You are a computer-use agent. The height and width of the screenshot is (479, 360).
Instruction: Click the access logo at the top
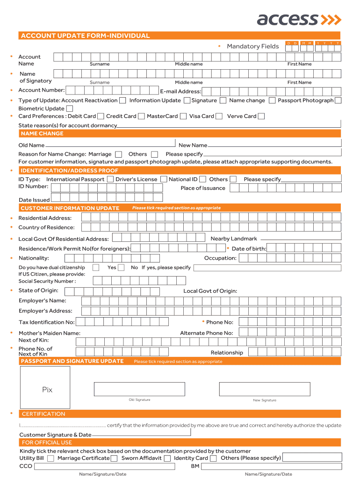pyautogui.click(x=299, y=19)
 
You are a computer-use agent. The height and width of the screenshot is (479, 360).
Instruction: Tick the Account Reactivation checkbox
pyautogui.click(x=122, y=101)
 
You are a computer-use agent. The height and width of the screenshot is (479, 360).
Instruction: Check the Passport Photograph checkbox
pyautogui.click(x=338, y=101)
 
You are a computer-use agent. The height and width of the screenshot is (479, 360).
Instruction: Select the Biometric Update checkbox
pyautogui.click(x=70, y=109)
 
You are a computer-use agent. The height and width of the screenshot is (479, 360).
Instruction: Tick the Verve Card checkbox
pyautogui.click(x=261, y=116)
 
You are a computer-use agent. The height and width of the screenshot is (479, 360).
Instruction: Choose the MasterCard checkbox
pyautogui.click(x=183, y=116)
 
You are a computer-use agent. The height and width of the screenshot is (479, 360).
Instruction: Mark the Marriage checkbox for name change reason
pyautogui.click(x=119, y=154)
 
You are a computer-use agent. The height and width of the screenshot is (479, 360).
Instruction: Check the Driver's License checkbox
pyautogui.click(x=164, y=179)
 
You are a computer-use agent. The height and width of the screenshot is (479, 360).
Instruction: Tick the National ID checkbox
pyautogui.click(x=202, y=179)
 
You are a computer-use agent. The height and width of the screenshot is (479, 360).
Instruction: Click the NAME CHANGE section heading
pyautogui.click(x=42, y=134)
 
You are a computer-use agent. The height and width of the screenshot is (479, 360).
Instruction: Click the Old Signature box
pyautogui.click(x=139, y=389)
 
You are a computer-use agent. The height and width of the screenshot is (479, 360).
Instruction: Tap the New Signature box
pyautogui.click(x=265, y=389)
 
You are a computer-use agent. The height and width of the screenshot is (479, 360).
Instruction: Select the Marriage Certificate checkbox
pyautogui.click(x=114, y=459)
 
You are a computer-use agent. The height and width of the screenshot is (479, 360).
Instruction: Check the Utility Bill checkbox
pyautogui.click(x=50, y=459)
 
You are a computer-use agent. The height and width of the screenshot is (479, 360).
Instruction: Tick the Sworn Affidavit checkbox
pyautogui.click(x=167, y=459)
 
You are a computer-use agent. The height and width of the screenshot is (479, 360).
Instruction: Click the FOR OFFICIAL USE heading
pyautogui.click(x=47, y=443)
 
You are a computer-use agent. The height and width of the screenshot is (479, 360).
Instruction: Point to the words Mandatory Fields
pyautogui.click(x=252, y=46)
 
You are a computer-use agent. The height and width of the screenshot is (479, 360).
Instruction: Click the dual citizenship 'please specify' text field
pyautogui.click(x=267, y=268)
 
